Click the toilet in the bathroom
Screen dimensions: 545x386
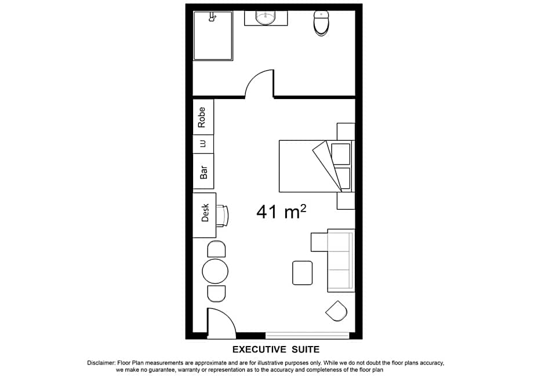(x=321, y=23)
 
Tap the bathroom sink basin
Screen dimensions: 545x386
(x=266, y=17)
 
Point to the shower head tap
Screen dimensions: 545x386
(x=212, y=17)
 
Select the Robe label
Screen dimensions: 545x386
(x=201, y=117)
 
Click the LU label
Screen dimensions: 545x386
(x=203, y=144)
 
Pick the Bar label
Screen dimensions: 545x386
(x=204, y=172)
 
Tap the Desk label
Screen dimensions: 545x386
(x=205, y=212)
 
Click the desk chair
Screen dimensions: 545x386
(x=223, y=216)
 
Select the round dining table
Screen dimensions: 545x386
(x=215, y=271)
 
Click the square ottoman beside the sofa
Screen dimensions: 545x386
(x=303, y=273)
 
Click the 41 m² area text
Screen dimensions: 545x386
(x=281, y=212)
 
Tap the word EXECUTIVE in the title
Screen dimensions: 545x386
(x=259, y=349)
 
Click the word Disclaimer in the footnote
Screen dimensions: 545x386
(x=101, y=363)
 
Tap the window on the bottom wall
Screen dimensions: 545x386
(x=307, y=336)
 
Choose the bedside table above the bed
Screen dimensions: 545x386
(x=346, y=132)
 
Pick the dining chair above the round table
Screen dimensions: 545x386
(x=216, y=249)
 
